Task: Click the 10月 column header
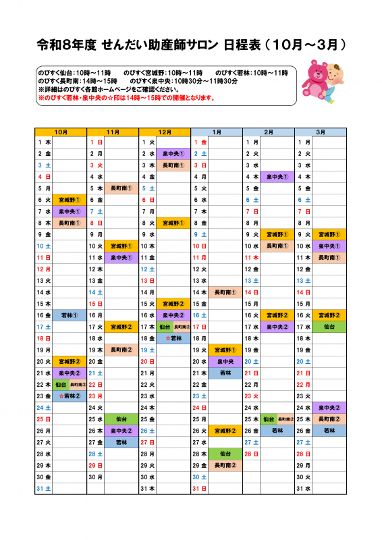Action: point(61,132)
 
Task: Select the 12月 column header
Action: point(165,132)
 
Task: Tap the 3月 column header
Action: point(321,132)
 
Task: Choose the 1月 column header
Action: point(217,132)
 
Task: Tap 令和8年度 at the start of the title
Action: point(66,45)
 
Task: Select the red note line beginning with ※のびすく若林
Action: point(126,98)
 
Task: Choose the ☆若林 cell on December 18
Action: point(173,338)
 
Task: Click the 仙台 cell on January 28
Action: point(225,454)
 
